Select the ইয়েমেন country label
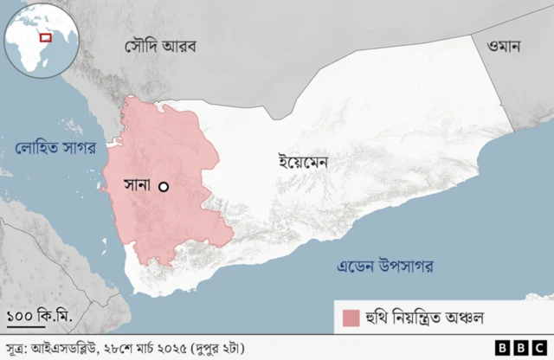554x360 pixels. [303, 161]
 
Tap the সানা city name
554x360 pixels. [138, 185]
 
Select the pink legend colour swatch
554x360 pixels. [351, 318]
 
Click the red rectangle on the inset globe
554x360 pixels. [47, 37]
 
